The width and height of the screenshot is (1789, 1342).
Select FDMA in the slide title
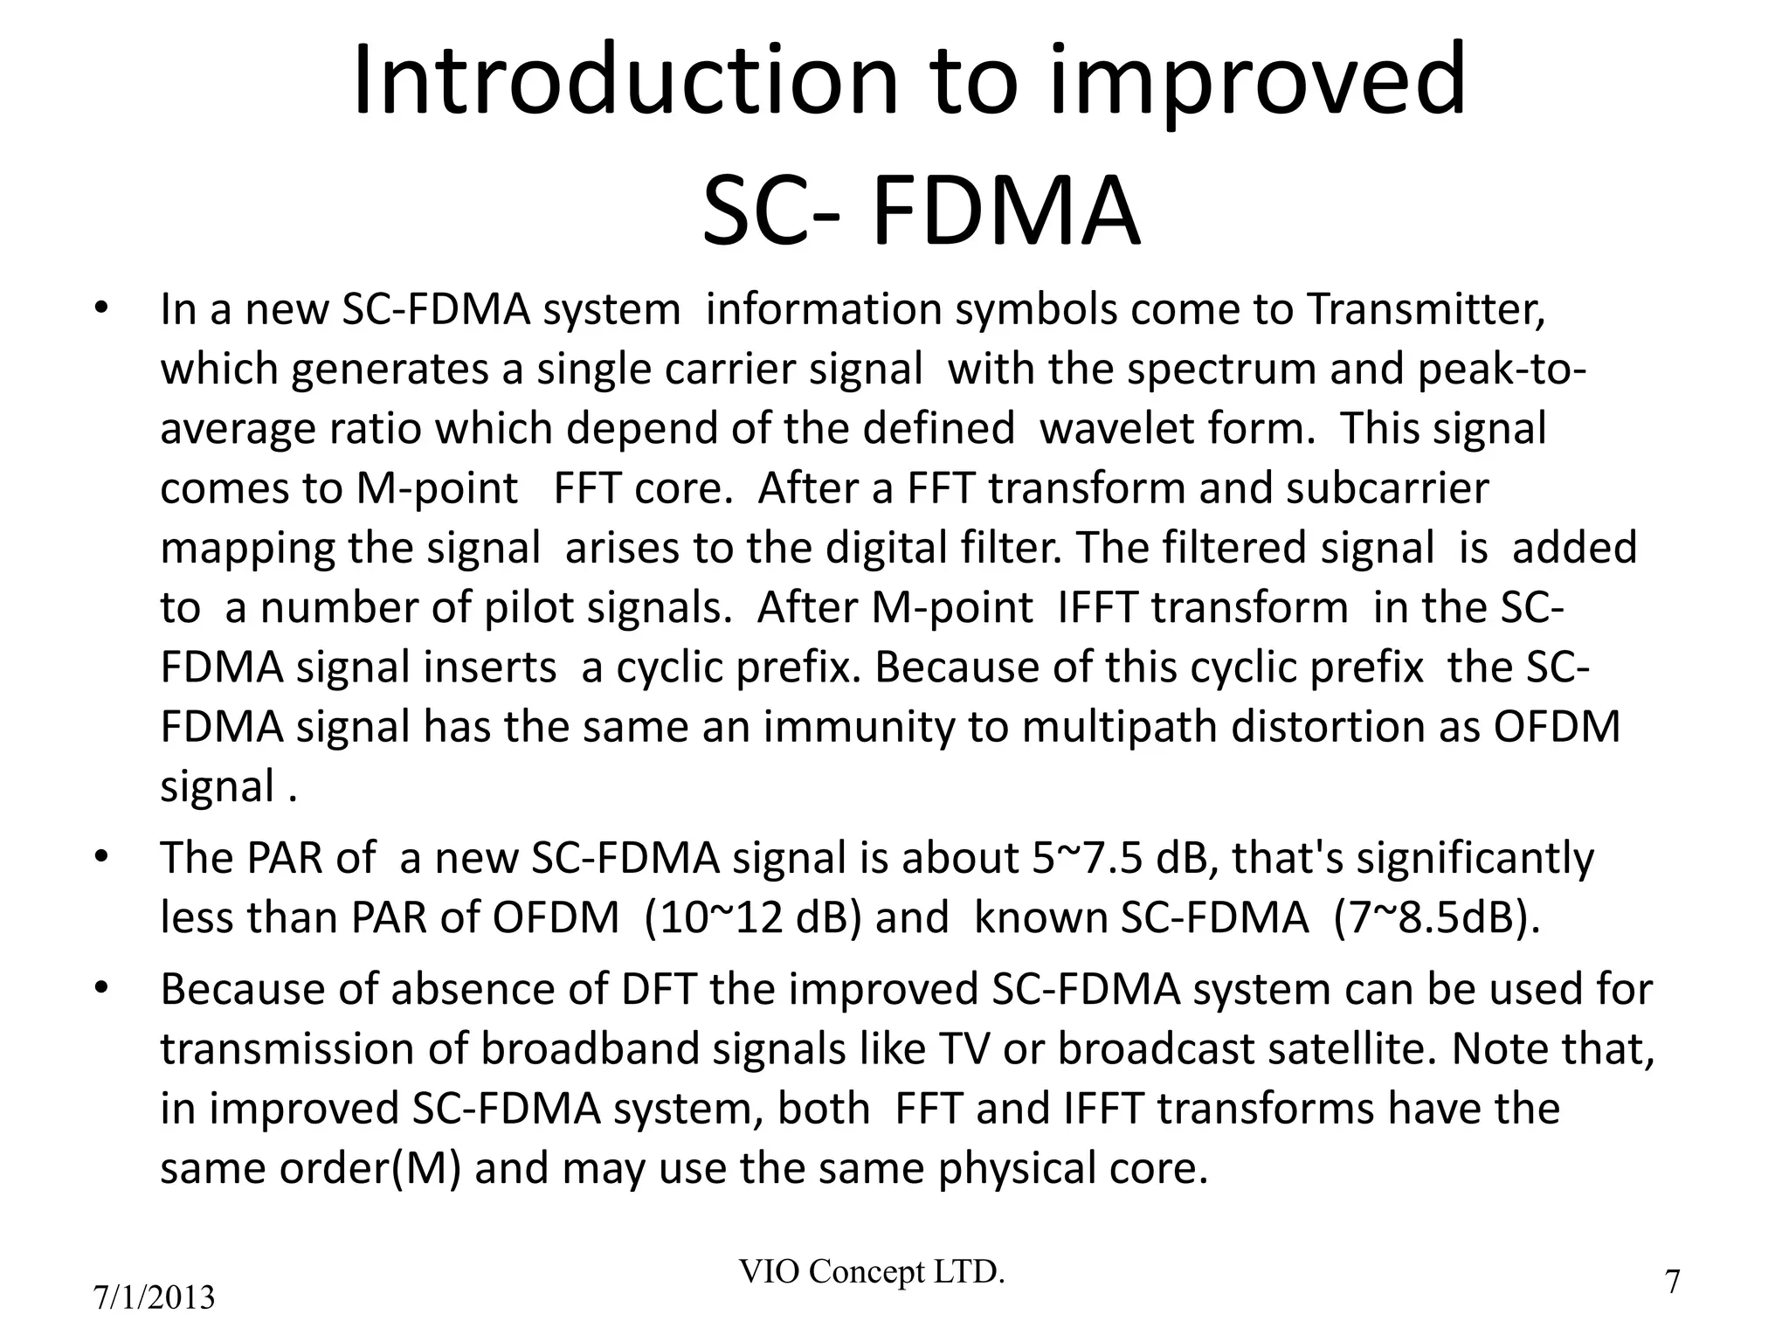tap(1005, 213)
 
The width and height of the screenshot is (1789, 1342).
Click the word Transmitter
tap(1425, 309)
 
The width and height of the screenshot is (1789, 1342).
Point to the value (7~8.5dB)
tap(1437, 918)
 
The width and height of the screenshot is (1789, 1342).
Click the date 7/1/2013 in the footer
tap(154, 1298)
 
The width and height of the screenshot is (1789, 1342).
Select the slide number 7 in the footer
tap(1672, 1283)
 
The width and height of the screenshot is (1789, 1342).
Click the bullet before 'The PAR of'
tap(101, 856)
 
